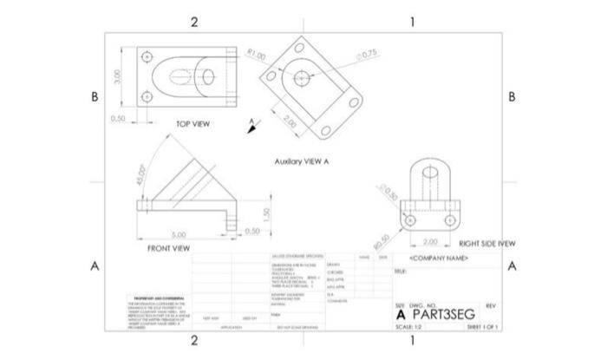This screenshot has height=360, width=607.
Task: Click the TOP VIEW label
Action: click(x=193, y=124)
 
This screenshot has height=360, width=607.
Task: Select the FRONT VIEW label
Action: click(x=168, y=248)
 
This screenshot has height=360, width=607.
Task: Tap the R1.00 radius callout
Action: click(x=256, y=55)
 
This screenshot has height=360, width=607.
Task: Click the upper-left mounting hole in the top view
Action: click(x=147, y=58)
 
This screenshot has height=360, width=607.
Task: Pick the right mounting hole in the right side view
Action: click(x=449, y=220)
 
